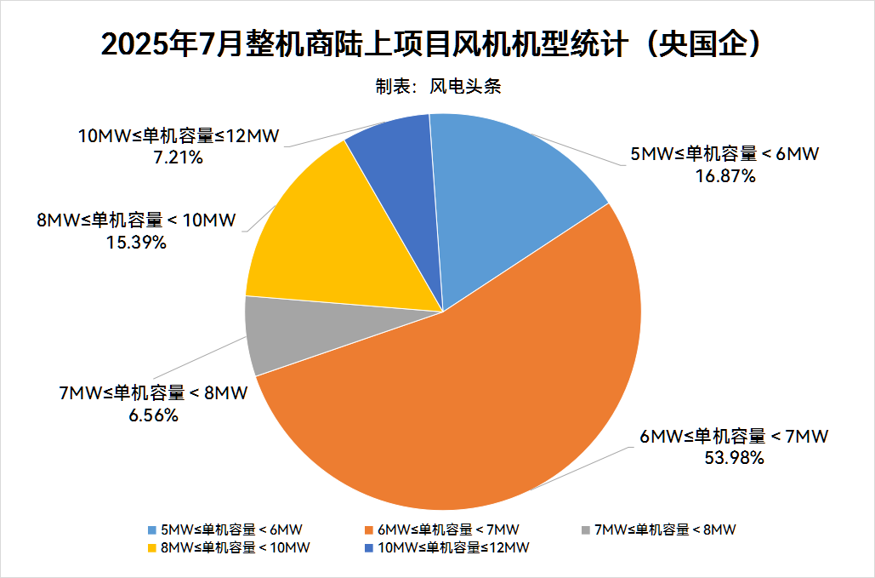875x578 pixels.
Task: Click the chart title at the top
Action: coord(437,44)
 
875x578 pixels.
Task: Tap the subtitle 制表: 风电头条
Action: coord(437,86)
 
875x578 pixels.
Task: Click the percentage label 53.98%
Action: coord(734,458)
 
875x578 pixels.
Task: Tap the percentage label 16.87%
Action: coord(725,176)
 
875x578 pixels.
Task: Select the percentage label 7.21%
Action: coord(178,157)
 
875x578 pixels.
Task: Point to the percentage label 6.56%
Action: coord(153,415)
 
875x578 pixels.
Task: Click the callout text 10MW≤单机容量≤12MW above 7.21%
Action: coord(178,136)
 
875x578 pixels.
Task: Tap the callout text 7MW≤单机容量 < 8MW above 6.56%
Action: coord(153,393)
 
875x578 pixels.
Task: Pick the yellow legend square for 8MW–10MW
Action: coord(152,547)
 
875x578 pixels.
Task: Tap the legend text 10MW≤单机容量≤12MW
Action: coord(453,547)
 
